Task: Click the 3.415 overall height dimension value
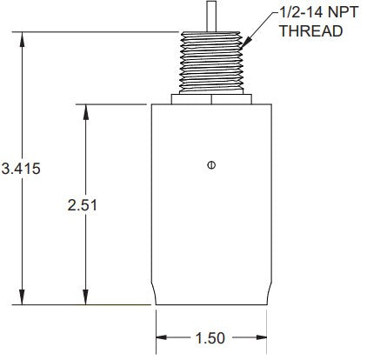pos(20,168)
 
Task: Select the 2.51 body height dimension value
pos(83,205)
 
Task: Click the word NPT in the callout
pos(330,12)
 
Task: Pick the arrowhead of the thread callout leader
pos(246,44)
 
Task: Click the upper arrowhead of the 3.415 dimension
pos(22,37)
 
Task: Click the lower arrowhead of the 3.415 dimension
pos(22,300)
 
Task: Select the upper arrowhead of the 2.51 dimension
pos(85,110)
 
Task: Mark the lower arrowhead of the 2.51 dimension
pos(85,300)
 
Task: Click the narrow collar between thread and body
pos(210,99)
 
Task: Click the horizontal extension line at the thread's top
pos(96,32)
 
